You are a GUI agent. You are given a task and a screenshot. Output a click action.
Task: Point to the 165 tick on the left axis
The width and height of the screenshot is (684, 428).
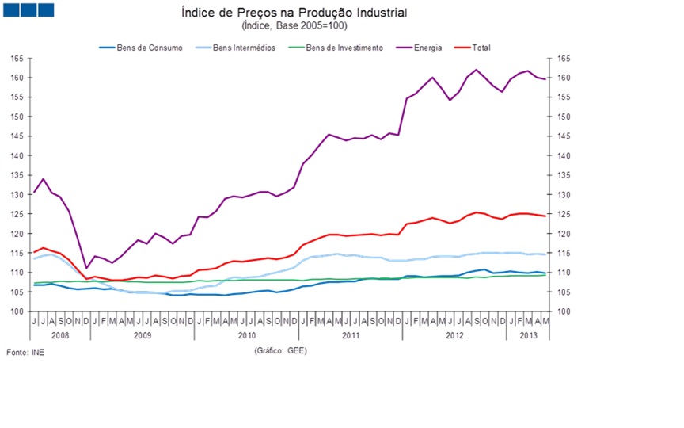click(17, 59)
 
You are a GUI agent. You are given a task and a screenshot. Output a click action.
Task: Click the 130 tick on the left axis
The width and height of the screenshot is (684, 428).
click(17, 195)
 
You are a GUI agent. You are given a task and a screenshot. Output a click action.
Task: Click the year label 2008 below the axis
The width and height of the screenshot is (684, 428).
click(60, 335)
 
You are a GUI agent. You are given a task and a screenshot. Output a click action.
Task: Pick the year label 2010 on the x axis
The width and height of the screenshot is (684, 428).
click(246, 335)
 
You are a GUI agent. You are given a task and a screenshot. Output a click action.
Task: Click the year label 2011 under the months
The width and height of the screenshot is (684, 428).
click(350, 335)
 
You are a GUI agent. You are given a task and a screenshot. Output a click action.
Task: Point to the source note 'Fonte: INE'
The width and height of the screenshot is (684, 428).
click(25, 352)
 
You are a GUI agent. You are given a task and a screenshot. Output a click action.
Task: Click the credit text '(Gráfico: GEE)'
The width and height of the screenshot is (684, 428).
click(281, 350)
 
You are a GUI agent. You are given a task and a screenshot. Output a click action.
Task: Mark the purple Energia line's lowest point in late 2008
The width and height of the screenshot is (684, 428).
click(86, 268)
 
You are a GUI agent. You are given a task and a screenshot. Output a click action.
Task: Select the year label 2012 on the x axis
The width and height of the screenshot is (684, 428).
click(454, 335)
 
